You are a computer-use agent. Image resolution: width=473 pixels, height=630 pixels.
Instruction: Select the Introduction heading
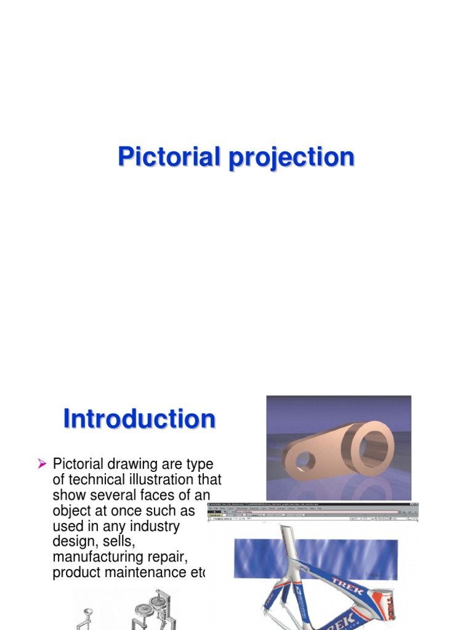click(139, 419)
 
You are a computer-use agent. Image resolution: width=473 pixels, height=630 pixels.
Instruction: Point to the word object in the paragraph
click(73, 511)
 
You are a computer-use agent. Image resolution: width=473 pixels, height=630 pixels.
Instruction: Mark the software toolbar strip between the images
click(313, 512)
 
